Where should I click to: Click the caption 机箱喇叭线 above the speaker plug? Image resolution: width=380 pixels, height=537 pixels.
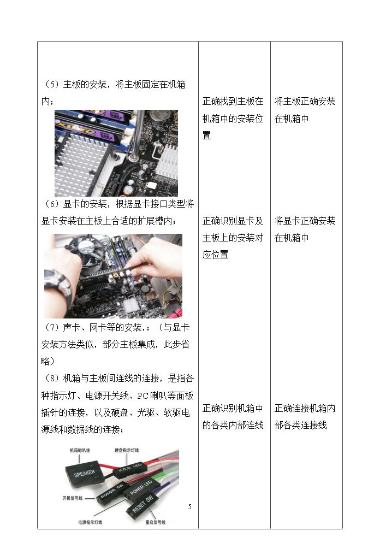80,450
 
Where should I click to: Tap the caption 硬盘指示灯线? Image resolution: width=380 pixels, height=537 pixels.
127,450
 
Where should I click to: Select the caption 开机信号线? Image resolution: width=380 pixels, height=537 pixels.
73,498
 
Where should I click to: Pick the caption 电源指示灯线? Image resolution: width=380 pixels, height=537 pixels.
90,522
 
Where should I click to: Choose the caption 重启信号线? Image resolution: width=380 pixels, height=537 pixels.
156,522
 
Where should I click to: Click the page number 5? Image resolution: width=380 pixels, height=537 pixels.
189,507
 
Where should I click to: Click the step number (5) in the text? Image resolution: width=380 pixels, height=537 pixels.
52,84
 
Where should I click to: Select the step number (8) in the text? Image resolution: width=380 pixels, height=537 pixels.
52,379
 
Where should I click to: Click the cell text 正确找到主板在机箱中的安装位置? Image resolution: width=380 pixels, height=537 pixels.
233,119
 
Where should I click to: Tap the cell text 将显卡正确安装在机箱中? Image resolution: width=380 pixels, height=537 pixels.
305,229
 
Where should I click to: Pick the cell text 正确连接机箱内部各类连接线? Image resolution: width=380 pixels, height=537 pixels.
305,417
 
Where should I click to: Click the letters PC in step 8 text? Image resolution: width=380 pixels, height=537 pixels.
143,396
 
